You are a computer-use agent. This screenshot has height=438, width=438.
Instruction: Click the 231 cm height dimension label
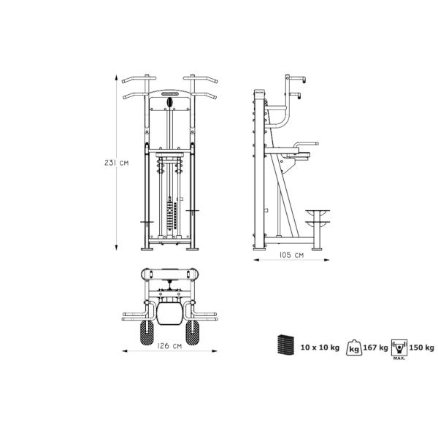point(117,163)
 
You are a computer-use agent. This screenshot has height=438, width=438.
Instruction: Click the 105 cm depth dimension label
point(291,255)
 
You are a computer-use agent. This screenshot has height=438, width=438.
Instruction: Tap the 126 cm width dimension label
point(169,346)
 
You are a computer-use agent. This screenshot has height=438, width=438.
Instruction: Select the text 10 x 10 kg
point(320,347)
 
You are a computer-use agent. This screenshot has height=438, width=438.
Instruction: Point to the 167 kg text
point(375,347)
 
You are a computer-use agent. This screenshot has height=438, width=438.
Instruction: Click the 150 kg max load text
point(421,347)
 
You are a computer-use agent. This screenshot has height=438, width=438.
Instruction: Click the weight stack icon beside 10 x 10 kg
point(285,345)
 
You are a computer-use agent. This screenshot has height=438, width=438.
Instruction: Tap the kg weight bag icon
point(354,347)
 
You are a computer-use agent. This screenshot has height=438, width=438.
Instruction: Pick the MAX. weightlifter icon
point(399,350)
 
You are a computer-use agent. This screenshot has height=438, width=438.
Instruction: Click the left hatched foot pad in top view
point(147,332)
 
